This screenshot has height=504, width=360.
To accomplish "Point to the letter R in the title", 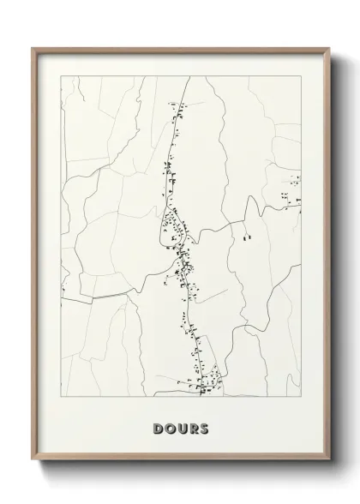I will pyautogui.click(x=193, y=426).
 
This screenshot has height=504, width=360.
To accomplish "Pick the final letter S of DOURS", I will pyautogui.click(x=204, y=426).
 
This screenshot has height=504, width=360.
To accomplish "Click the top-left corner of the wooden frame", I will pyautogui.click(x=33, y=48).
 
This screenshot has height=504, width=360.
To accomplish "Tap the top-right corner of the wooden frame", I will pyautogui.click(x=328, y=48).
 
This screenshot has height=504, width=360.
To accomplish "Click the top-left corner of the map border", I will pyautogui.click(x=60, y=75).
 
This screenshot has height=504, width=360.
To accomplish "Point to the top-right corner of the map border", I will pyautogui.click(x=301, y=75).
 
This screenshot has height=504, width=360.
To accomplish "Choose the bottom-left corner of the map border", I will pyautogui.click(x=60, y=401).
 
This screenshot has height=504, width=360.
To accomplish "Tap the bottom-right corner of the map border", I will pyautogui.click(x=301, y=401).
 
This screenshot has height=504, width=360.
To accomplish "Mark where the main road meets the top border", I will pyautogui.click(x=189, y=76).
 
